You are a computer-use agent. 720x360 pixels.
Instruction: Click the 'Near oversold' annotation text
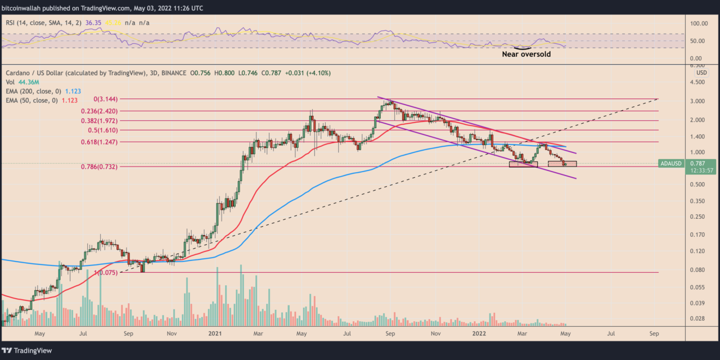(x=526, y=55)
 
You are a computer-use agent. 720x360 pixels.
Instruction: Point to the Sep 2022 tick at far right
(x=654, y=334)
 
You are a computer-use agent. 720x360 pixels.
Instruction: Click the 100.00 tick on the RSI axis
(x=697, y=24)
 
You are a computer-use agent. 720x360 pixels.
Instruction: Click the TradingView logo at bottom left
(x=28, y=350)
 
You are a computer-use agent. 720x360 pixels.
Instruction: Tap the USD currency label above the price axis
(x=701, y=73)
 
